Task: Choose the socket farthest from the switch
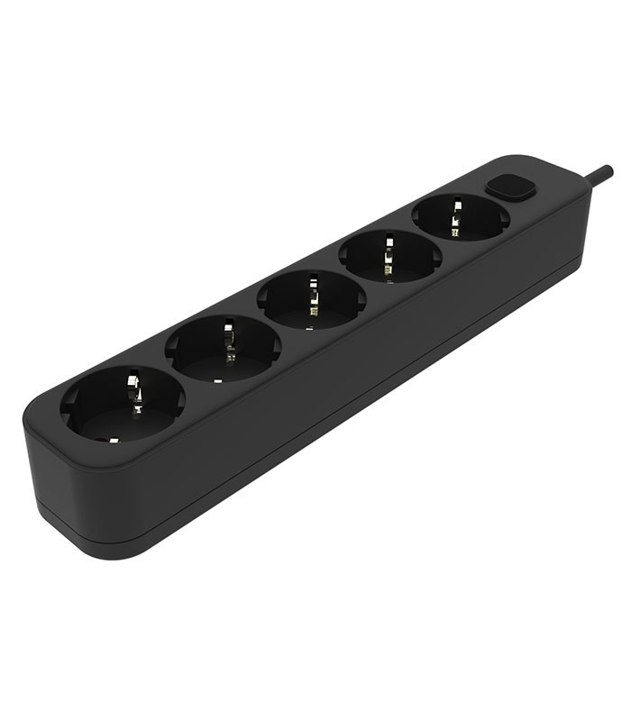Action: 123,403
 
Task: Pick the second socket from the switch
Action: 389,255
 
